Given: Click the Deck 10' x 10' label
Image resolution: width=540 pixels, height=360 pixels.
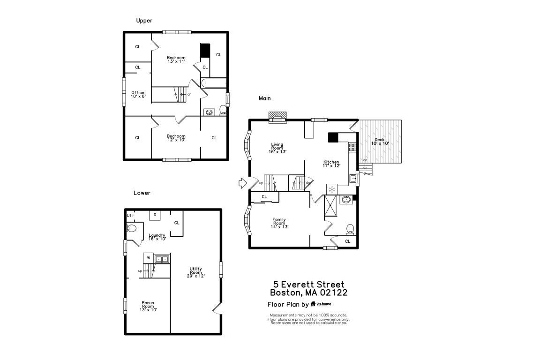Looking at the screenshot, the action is pos(380,141).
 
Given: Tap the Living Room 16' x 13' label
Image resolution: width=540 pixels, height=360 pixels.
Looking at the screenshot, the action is pos(277,148).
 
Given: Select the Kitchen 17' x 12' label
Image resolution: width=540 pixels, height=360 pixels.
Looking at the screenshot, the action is pos(331,164).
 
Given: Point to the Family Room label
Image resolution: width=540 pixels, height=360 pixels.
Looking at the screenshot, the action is pos(279,221).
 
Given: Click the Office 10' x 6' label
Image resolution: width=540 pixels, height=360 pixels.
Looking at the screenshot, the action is pos(138,94).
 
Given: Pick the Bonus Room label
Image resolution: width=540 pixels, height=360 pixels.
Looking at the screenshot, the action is pos(148,305).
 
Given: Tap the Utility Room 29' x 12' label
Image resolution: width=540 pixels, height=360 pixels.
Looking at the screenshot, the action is pos(196,272).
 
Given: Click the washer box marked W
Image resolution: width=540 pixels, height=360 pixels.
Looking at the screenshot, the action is pos(149,258).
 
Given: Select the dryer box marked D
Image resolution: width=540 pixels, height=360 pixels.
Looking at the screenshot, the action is pos(155,215).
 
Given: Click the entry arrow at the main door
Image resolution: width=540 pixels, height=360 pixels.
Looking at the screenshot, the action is pos(243,183).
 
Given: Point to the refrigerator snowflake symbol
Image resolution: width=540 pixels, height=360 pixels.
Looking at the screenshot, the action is pos(332,189).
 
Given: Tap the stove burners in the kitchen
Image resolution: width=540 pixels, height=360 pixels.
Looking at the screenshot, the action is pos(352,148).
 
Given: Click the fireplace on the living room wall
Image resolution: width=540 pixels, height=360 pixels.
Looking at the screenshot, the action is pos(277,116).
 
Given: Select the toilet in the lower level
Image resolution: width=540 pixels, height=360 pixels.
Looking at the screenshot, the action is pos(131,228).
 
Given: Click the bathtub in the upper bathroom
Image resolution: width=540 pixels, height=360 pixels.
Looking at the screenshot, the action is pos(214,83).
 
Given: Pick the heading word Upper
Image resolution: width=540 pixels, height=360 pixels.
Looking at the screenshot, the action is pos(144,21).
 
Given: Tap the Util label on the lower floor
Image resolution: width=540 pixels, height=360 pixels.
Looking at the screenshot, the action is pos(130,216).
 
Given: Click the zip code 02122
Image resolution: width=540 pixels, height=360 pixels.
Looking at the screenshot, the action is pos(334,292).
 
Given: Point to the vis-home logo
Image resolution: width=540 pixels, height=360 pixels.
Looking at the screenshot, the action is pos(321,304).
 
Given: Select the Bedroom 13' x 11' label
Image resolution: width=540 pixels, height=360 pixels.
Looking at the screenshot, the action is pos(176,59).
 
